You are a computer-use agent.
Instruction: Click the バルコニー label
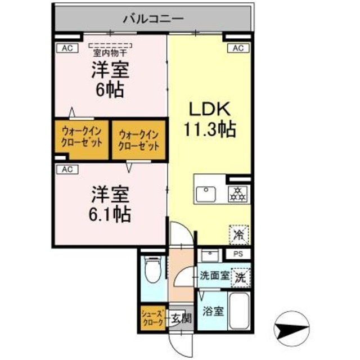153,19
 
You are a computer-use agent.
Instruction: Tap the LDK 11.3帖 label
208,120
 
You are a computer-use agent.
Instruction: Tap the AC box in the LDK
237,48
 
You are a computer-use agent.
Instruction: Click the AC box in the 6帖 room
66,48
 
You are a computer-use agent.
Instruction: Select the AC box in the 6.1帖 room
66,169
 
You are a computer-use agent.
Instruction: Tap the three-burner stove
238,194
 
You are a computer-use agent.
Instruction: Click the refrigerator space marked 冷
239,234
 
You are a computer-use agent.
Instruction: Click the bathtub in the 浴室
240,312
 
